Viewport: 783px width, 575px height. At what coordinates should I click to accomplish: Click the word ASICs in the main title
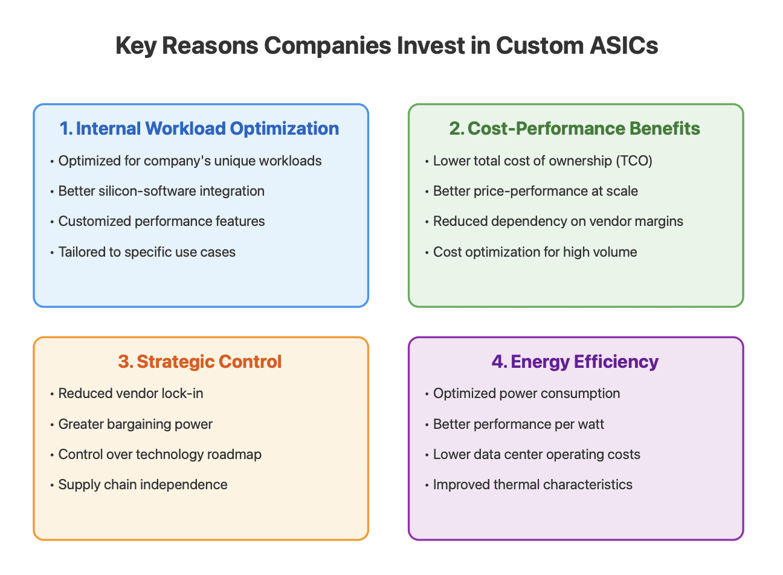point(623,46)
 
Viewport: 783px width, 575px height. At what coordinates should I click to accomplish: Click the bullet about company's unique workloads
point(190,161)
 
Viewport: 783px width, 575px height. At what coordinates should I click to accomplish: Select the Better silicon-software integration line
point(161,191)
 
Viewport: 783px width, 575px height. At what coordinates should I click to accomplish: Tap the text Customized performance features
point(161,222)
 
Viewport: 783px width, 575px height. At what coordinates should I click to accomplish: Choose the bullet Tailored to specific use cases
point(147,252)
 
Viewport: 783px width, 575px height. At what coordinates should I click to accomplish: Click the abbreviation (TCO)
point(634,161)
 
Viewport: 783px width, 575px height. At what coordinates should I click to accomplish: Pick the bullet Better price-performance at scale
point(535,191)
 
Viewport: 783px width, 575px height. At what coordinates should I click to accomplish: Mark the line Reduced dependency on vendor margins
point(558,222)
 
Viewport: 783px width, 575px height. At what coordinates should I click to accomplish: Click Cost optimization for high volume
point(535,252)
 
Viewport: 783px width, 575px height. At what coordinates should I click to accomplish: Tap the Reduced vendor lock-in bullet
point(130,394)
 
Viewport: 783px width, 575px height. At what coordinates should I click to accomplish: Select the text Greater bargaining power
point(135,425)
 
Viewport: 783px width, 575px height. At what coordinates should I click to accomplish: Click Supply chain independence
point(143,485)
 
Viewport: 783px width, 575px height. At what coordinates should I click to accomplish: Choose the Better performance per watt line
point(519,425)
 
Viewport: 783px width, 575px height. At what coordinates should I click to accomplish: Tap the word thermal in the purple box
point(516,485)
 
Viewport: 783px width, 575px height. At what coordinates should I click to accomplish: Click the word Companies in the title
point(327,46)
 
